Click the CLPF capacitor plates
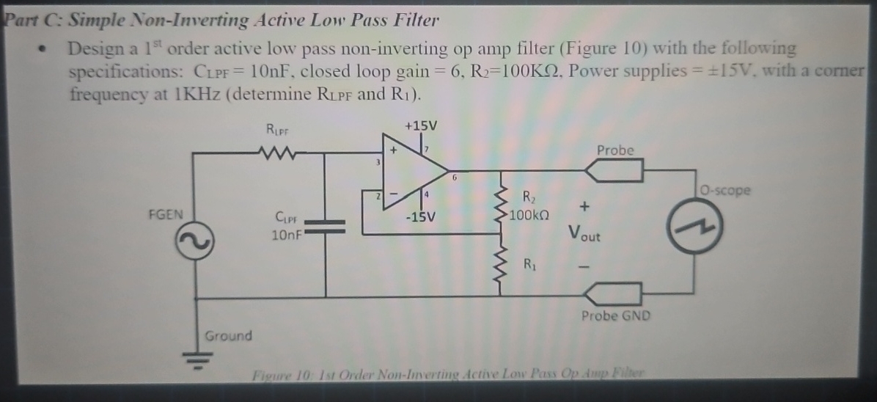(325, 224)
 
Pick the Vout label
(584, 234)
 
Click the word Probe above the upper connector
(614, 150)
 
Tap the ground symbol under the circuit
(194, 357)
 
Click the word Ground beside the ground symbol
(228, 336)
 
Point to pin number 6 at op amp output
(455, 178)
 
